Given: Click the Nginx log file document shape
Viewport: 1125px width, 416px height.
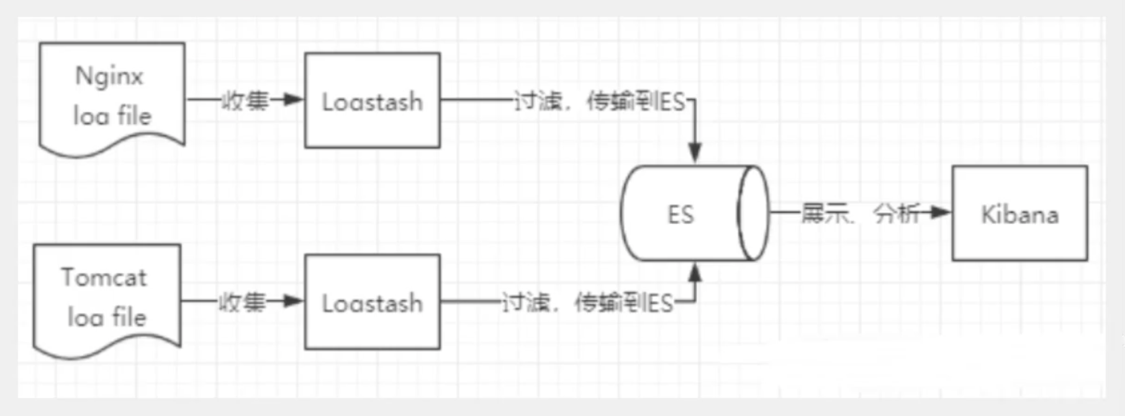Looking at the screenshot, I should click(112, 96).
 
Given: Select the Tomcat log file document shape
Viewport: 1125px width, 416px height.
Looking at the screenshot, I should click(107, 298).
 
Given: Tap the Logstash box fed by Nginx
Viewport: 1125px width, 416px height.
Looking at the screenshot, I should click(373, 101).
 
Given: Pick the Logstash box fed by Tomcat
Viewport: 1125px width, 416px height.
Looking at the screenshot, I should click(373, 302).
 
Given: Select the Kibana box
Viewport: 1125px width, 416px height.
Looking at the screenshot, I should click(1019, 214).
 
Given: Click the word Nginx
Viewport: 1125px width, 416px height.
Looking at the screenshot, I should click(109, 76).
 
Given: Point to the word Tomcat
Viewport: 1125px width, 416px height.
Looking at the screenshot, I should click(104, 278).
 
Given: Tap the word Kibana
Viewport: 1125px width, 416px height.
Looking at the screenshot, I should click(1019, 215).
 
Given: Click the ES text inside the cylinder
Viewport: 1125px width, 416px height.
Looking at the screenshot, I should click(680, 215).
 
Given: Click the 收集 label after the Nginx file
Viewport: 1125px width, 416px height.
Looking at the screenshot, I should click(245, 100).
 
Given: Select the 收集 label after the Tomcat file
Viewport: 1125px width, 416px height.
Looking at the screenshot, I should click(242, 302).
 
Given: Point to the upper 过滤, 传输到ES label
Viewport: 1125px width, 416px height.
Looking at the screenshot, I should click(599, 101).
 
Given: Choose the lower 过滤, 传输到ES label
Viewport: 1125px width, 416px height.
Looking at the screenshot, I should click(587, 303).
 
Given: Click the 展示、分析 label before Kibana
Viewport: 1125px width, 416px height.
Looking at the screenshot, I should click(859, 214).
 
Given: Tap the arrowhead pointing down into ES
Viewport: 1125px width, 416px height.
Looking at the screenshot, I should click(695, 152).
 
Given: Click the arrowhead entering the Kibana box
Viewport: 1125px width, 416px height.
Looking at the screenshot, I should click(940, 213).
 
